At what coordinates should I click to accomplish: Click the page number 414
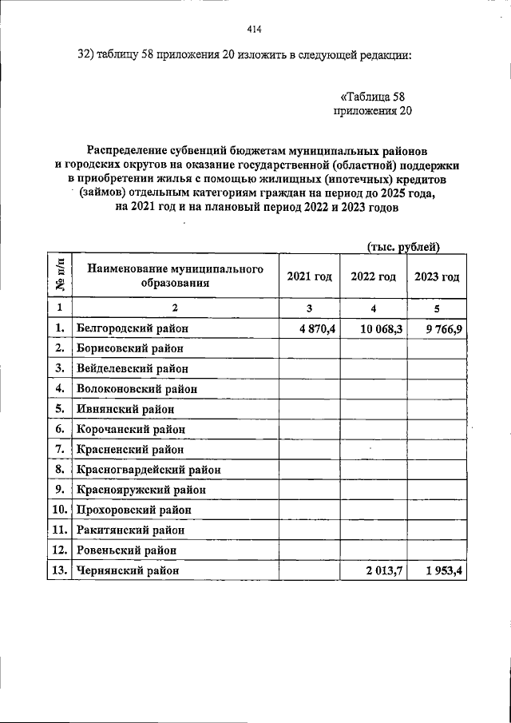[255, 30]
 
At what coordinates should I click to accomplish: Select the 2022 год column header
[374, 276]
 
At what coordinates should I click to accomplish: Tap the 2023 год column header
[437, 276]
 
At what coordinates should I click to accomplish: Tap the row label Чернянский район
[128, 570]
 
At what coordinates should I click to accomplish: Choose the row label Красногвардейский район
[148, 470]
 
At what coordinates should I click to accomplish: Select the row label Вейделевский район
[133, 368]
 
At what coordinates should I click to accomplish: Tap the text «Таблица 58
[373, 97]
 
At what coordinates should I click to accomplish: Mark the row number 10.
[59, 510]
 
